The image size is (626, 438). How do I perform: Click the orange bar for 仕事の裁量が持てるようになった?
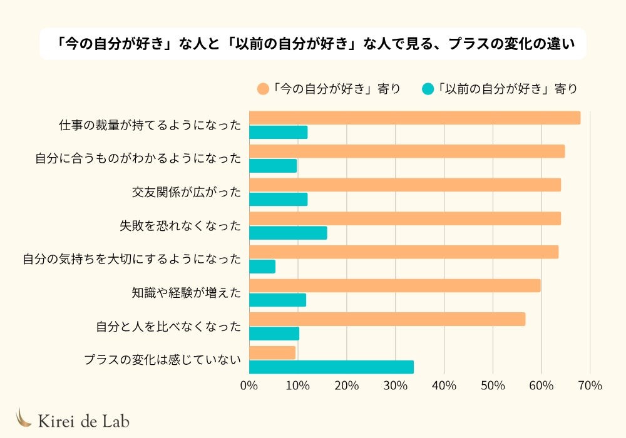pos(414,118)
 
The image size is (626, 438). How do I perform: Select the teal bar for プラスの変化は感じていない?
pos(331,367)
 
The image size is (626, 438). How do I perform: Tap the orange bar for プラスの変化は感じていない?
pos(272,353)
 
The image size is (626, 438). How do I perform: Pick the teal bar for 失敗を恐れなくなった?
pos(288,233)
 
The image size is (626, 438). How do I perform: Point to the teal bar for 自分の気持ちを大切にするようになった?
pos(262,267)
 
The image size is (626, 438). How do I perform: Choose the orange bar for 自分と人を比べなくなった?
pos(387,319)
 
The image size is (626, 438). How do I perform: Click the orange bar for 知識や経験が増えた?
pos(394,286)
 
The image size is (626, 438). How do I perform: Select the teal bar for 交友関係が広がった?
pos(278,199)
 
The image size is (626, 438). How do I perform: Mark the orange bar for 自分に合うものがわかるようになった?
pos(407,151)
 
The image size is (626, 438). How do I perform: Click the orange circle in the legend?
pos(263,89)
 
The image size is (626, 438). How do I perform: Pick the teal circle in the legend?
pos(428,89)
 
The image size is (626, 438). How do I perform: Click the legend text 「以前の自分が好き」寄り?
pos(507,89)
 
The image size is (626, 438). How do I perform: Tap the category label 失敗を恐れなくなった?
pos(180,226)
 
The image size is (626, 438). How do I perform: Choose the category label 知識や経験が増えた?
pos(187,292)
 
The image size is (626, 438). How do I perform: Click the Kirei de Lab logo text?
pos(83,420)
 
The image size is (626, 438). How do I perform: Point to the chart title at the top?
pos(313,44)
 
